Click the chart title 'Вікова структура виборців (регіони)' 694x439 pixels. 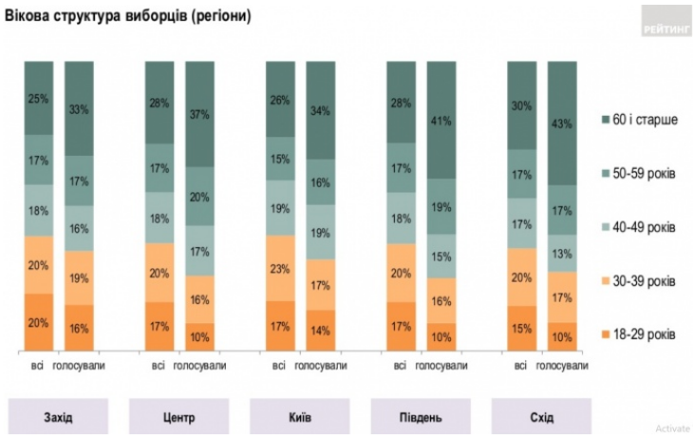[127, 17]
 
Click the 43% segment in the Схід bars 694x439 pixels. [562, 123]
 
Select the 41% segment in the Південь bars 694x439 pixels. [441, 120]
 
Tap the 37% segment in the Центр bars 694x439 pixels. [199, 115]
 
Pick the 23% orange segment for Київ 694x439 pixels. [279, 268]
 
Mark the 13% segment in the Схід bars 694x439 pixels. [562, 253]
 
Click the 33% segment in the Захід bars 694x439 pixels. [79, 108]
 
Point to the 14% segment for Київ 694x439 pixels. [321, 330]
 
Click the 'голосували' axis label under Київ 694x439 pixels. [321, 366]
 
